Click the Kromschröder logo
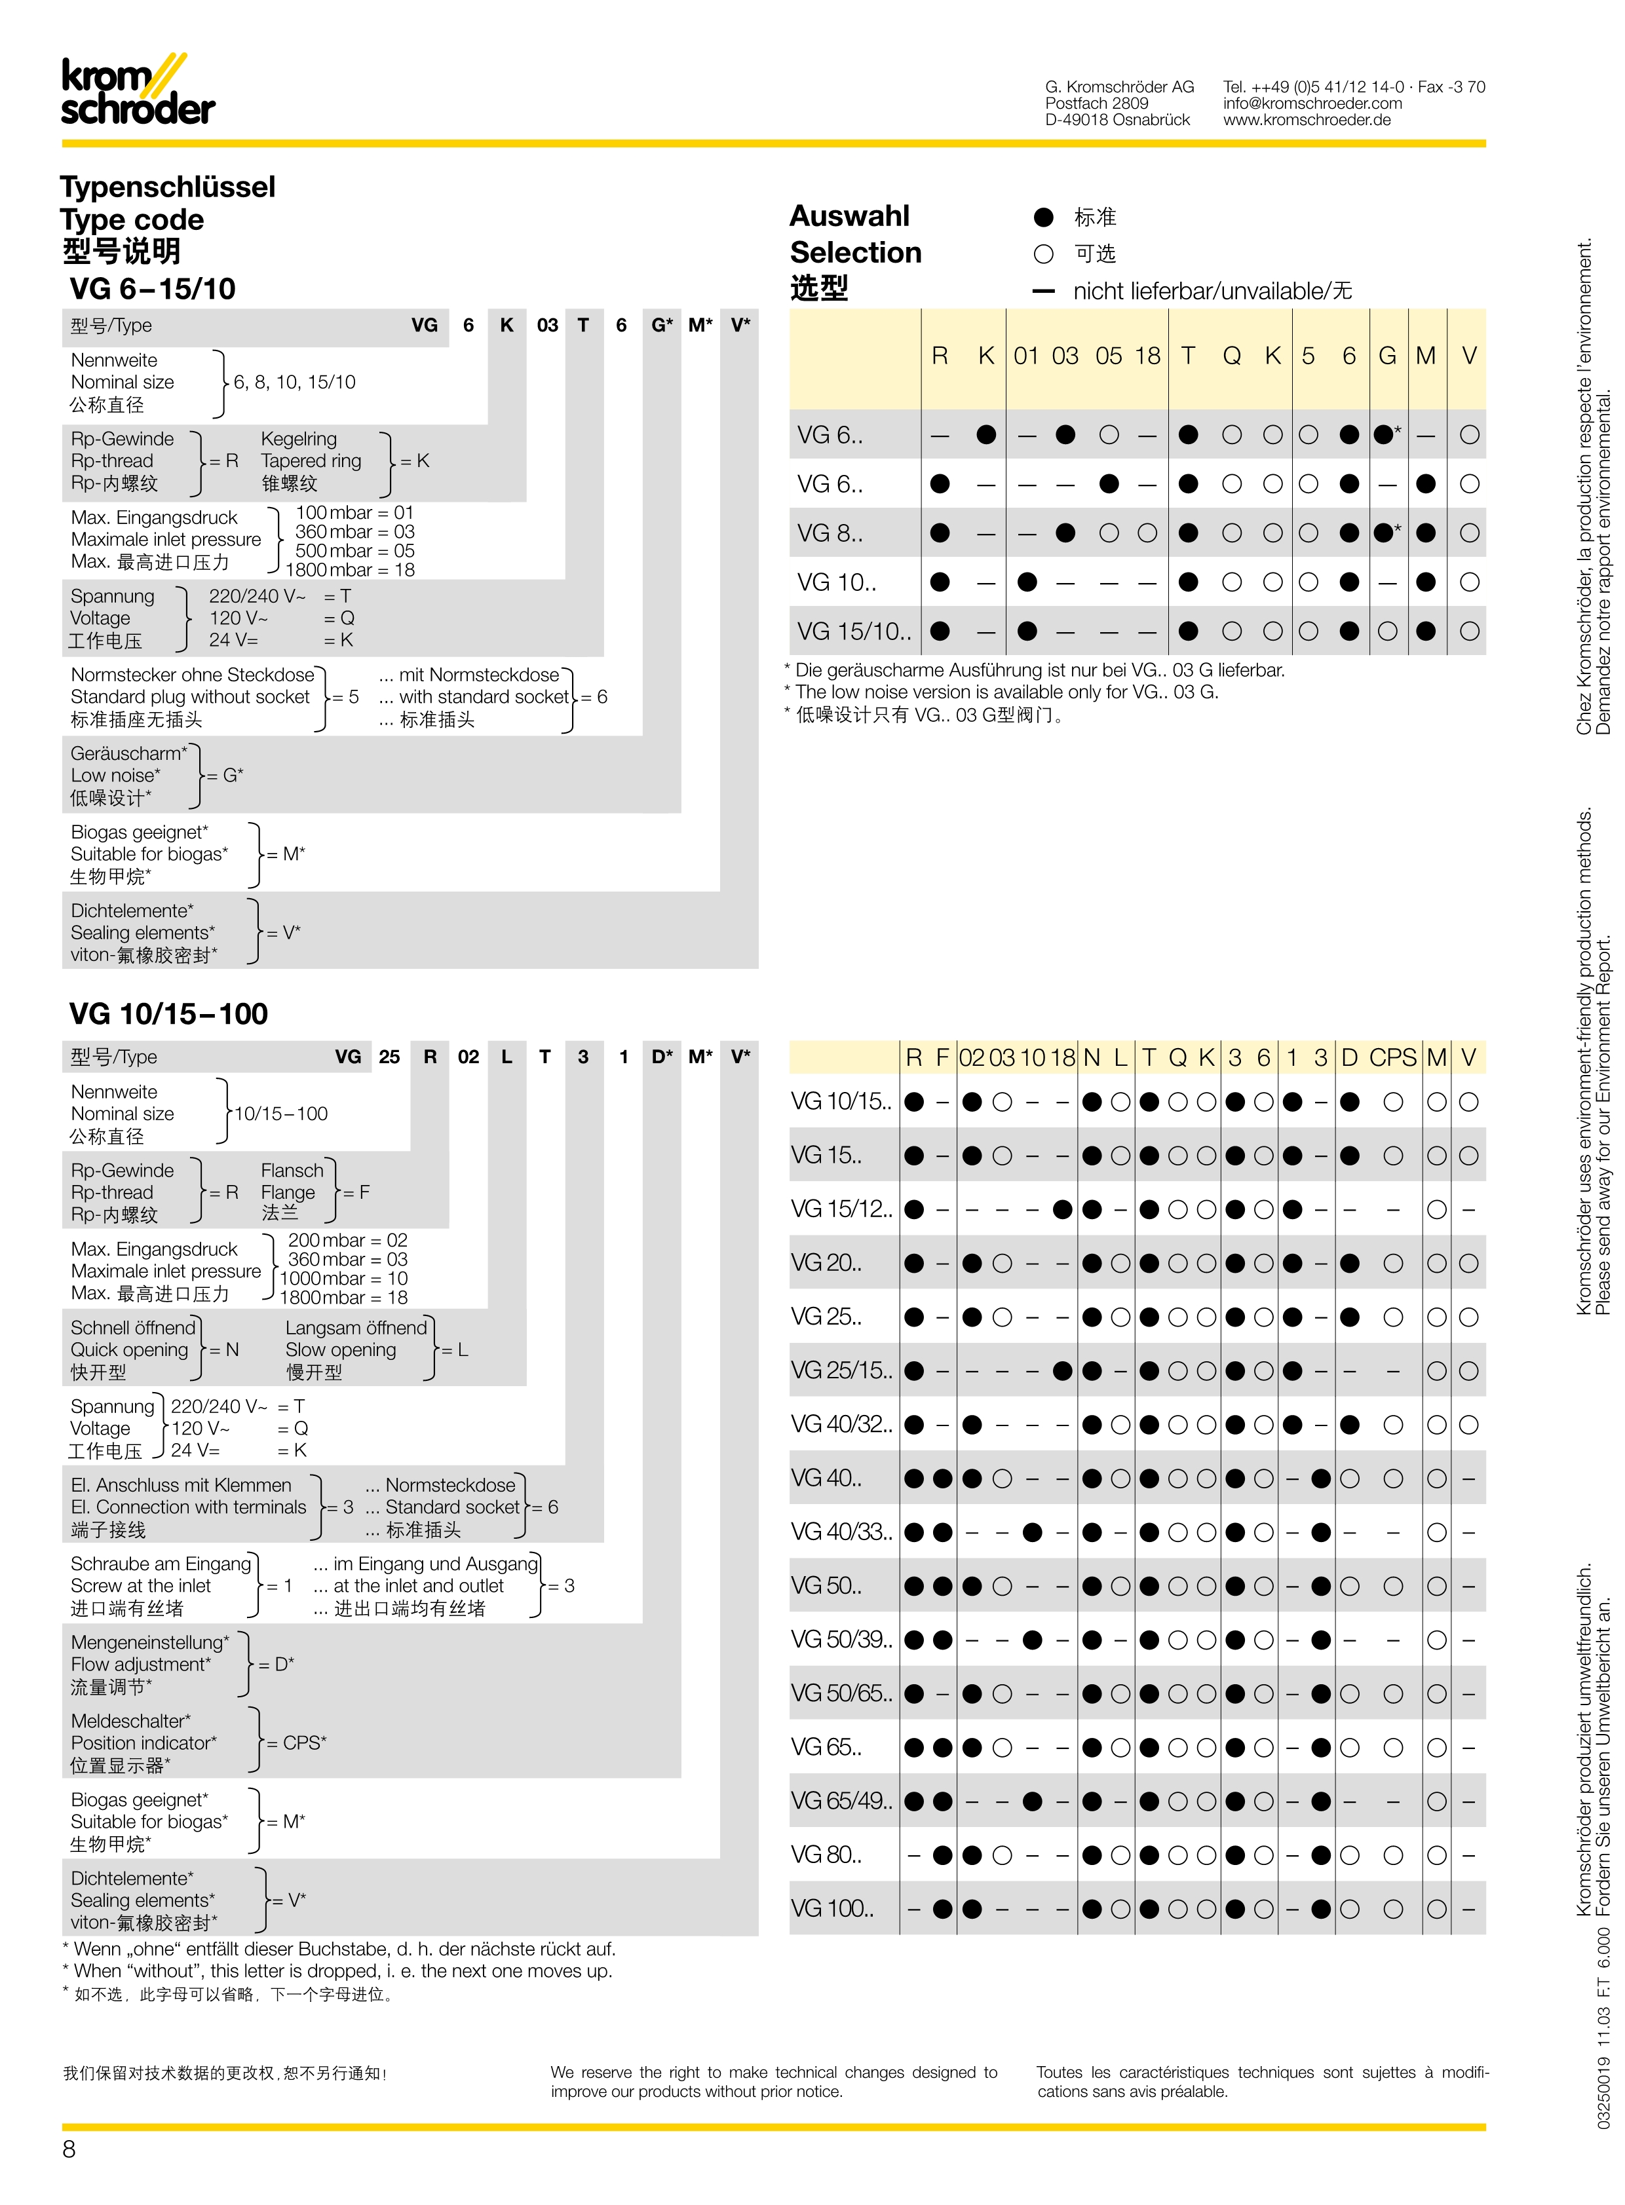pos(138,90)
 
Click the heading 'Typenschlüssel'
pos(167,187)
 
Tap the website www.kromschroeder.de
pos(1307,120)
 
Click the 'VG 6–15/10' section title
pos(153,289)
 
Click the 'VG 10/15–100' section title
pos(168,1014)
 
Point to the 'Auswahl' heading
pos(850,216)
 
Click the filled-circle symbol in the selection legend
pos(1044,217)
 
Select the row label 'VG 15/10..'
pos(854,631)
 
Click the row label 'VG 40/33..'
pos(841,1532)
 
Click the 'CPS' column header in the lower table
pos(1393,1057)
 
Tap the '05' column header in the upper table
pos(1109,356)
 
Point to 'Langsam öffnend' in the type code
pos(356,1328)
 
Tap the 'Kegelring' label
pos(298,439)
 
